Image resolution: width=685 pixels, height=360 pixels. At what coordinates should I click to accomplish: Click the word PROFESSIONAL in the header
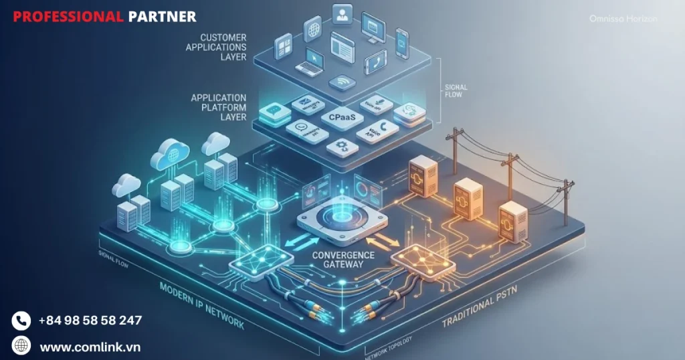(x=68, y=16)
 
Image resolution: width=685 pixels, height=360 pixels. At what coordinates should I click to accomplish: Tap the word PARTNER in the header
(x=162, y=16)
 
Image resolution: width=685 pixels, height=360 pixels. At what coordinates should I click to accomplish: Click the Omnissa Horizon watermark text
(x=623, y=19)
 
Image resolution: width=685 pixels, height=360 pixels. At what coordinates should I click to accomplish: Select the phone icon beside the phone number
(x=21, y=321)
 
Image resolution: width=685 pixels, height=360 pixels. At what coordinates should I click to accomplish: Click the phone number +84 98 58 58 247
(x=90, y=321)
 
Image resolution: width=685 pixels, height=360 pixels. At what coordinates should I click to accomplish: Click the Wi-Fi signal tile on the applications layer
(x=341, y=82)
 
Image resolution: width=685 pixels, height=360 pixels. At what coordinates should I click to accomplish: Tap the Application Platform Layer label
(x=219, y=107)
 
